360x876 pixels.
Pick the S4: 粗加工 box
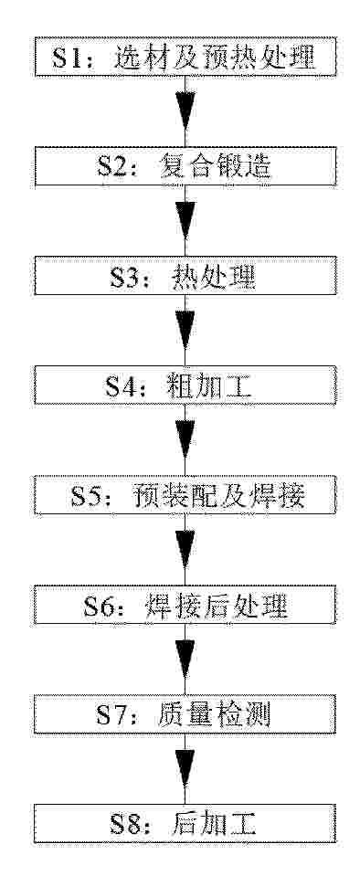point(185,385)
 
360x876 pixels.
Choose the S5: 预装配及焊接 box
point(185,495)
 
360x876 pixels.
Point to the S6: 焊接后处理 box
point(185,605)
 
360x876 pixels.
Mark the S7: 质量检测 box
point(185,714)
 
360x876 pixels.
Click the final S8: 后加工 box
point(185,824)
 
